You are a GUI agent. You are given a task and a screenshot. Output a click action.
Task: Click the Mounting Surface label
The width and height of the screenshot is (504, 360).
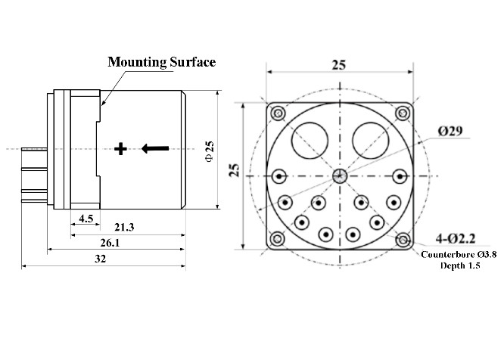(x=162, y=62)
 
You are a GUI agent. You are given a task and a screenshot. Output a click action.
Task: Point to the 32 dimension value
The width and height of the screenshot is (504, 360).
(x=100, y=259)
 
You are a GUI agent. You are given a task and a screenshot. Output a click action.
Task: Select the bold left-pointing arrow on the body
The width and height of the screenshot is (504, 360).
(x=154, y=149)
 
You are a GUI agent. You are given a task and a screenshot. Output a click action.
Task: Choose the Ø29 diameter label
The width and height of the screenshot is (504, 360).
(x=451, y=131)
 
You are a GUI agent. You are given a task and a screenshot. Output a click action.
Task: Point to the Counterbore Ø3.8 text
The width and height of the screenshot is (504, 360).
(x=459, y=255)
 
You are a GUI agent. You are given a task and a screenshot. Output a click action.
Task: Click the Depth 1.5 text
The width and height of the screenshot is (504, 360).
(x=459, y=266)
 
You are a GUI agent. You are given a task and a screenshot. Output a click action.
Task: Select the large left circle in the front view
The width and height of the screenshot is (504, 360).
(x=310, y=140)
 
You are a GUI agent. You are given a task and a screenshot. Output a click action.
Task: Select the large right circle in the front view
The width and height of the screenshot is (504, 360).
(x=372, y=140)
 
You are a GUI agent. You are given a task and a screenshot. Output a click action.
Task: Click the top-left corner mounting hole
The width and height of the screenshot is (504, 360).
(x=279, y=114)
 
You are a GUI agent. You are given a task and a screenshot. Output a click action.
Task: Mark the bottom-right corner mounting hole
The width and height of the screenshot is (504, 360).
(x=403, y=240)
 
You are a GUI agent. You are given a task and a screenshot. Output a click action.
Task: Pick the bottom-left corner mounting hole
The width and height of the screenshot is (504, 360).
(x=279, y=240)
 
